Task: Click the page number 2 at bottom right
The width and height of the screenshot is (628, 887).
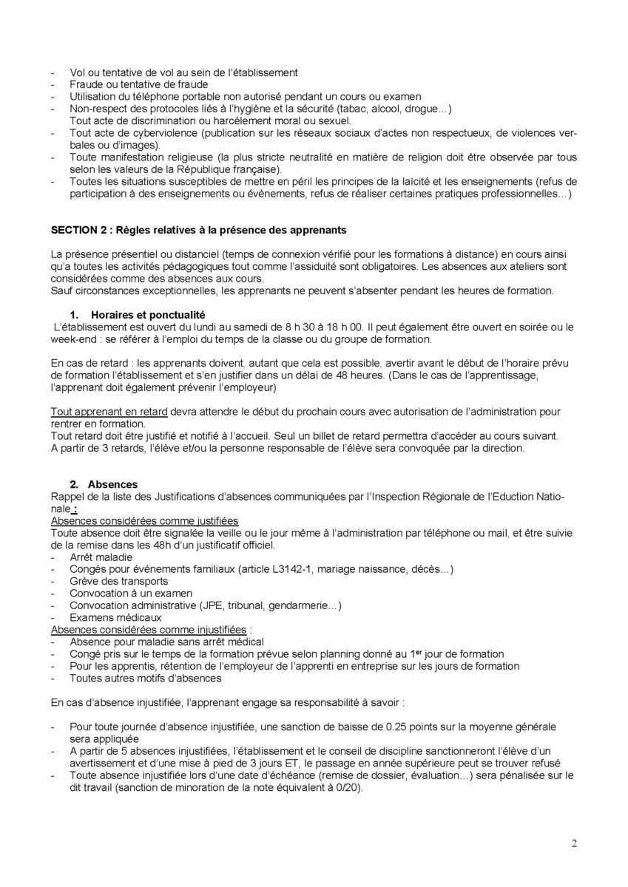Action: click(x=574, y=843)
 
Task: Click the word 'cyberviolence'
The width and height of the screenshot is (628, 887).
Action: click(x=146, y=132)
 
